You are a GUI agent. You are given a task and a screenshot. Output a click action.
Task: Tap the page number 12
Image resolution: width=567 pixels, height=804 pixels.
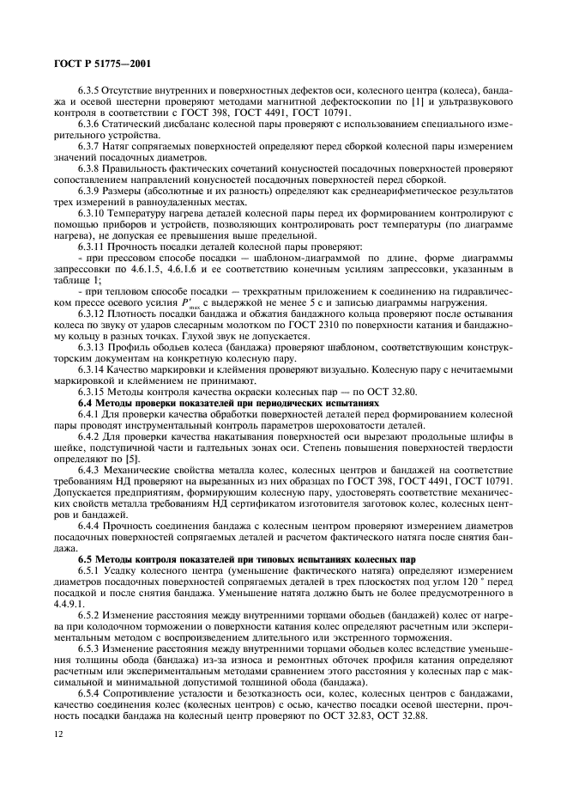[x=58, y=733]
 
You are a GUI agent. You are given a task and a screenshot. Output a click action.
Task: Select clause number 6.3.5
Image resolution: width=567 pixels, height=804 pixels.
[x=88, y=91]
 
